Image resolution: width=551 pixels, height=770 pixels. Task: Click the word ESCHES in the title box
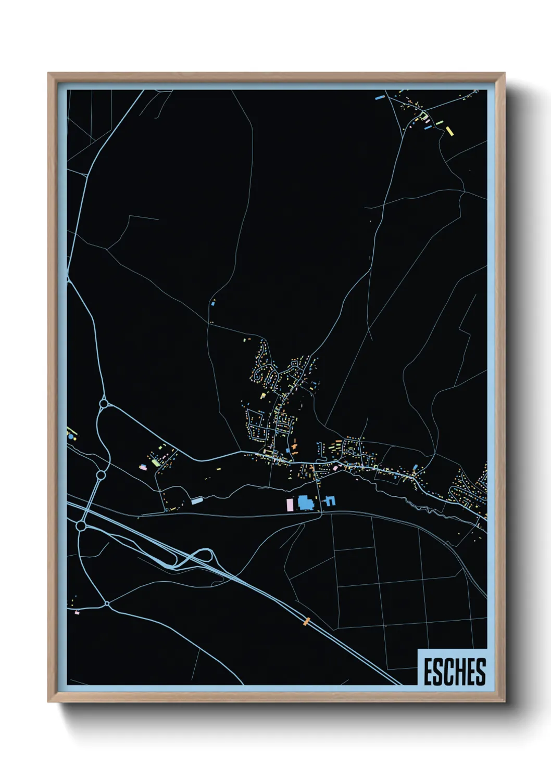(x=454, y=672)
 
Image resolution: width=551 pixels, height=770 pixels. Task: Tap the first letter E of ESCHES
(x=428, y=672)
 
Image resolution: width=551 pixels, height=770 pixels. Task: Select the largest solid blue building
(x=306, y=503)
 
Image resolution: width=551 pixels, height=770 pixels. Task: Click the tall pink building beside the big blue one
(x=290, y=504)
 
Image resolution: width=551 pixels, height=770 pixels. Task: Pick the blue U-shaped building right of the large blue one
(x=330, y=501)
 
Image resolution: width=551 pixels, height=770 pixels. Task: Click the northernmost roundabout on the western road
(x=104, y=404)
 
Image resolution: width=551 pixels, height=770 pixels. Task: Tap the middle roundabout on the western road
(x=101, y=475)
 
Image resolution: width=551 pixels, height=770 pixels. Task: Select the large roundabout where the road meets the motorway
(x=81, y=526)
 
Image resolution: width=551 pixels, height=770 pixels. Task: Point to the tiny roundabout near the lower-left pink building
(x=107, y=604)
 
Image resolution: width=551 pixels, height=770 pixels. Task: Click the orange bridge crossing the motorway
(x=307, y=621)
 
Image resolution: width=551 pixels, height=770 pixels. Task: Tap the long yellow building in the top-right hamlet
(x=449, y=131)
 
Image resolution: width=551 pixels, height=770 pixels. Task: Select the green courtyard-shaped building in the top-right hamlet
(x=424, y=116)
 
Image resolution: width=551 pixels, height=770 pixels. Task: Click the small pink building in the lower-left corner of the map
(x=77, y=613)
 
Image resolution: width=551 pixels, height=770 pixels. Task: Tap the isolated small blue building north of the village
(x=213, y=302)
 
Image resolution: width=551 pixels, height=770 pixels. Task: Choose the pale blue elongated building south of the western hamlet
(x=197, y=500)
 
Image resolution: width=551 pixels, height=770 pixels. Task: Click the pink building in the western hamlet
(x=143, y=467)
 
